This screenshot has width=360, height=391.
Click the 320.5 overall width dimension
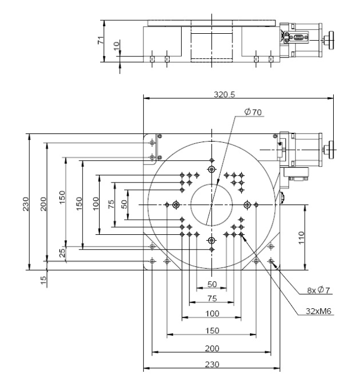tap(224, 94)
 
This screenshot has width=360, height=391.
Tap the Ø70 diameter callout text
tap(253, 112)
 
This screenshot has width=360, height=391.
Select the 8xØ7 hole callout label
tap(319, 290)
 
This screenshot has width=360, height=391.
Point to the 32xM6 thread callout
tap(319, 311)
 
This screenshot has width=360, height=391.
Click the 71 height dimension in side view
tap(100, 40)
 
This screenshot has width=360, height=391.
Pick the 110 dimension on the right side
tap(301, 238)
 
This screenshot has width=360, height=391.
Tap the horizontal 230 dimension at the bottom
tap(212, 364)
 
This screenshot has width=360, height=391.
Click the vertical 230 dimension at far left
tap(26, 204)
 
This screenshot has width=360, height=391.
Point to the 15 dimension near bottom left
tap(43, 280)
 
